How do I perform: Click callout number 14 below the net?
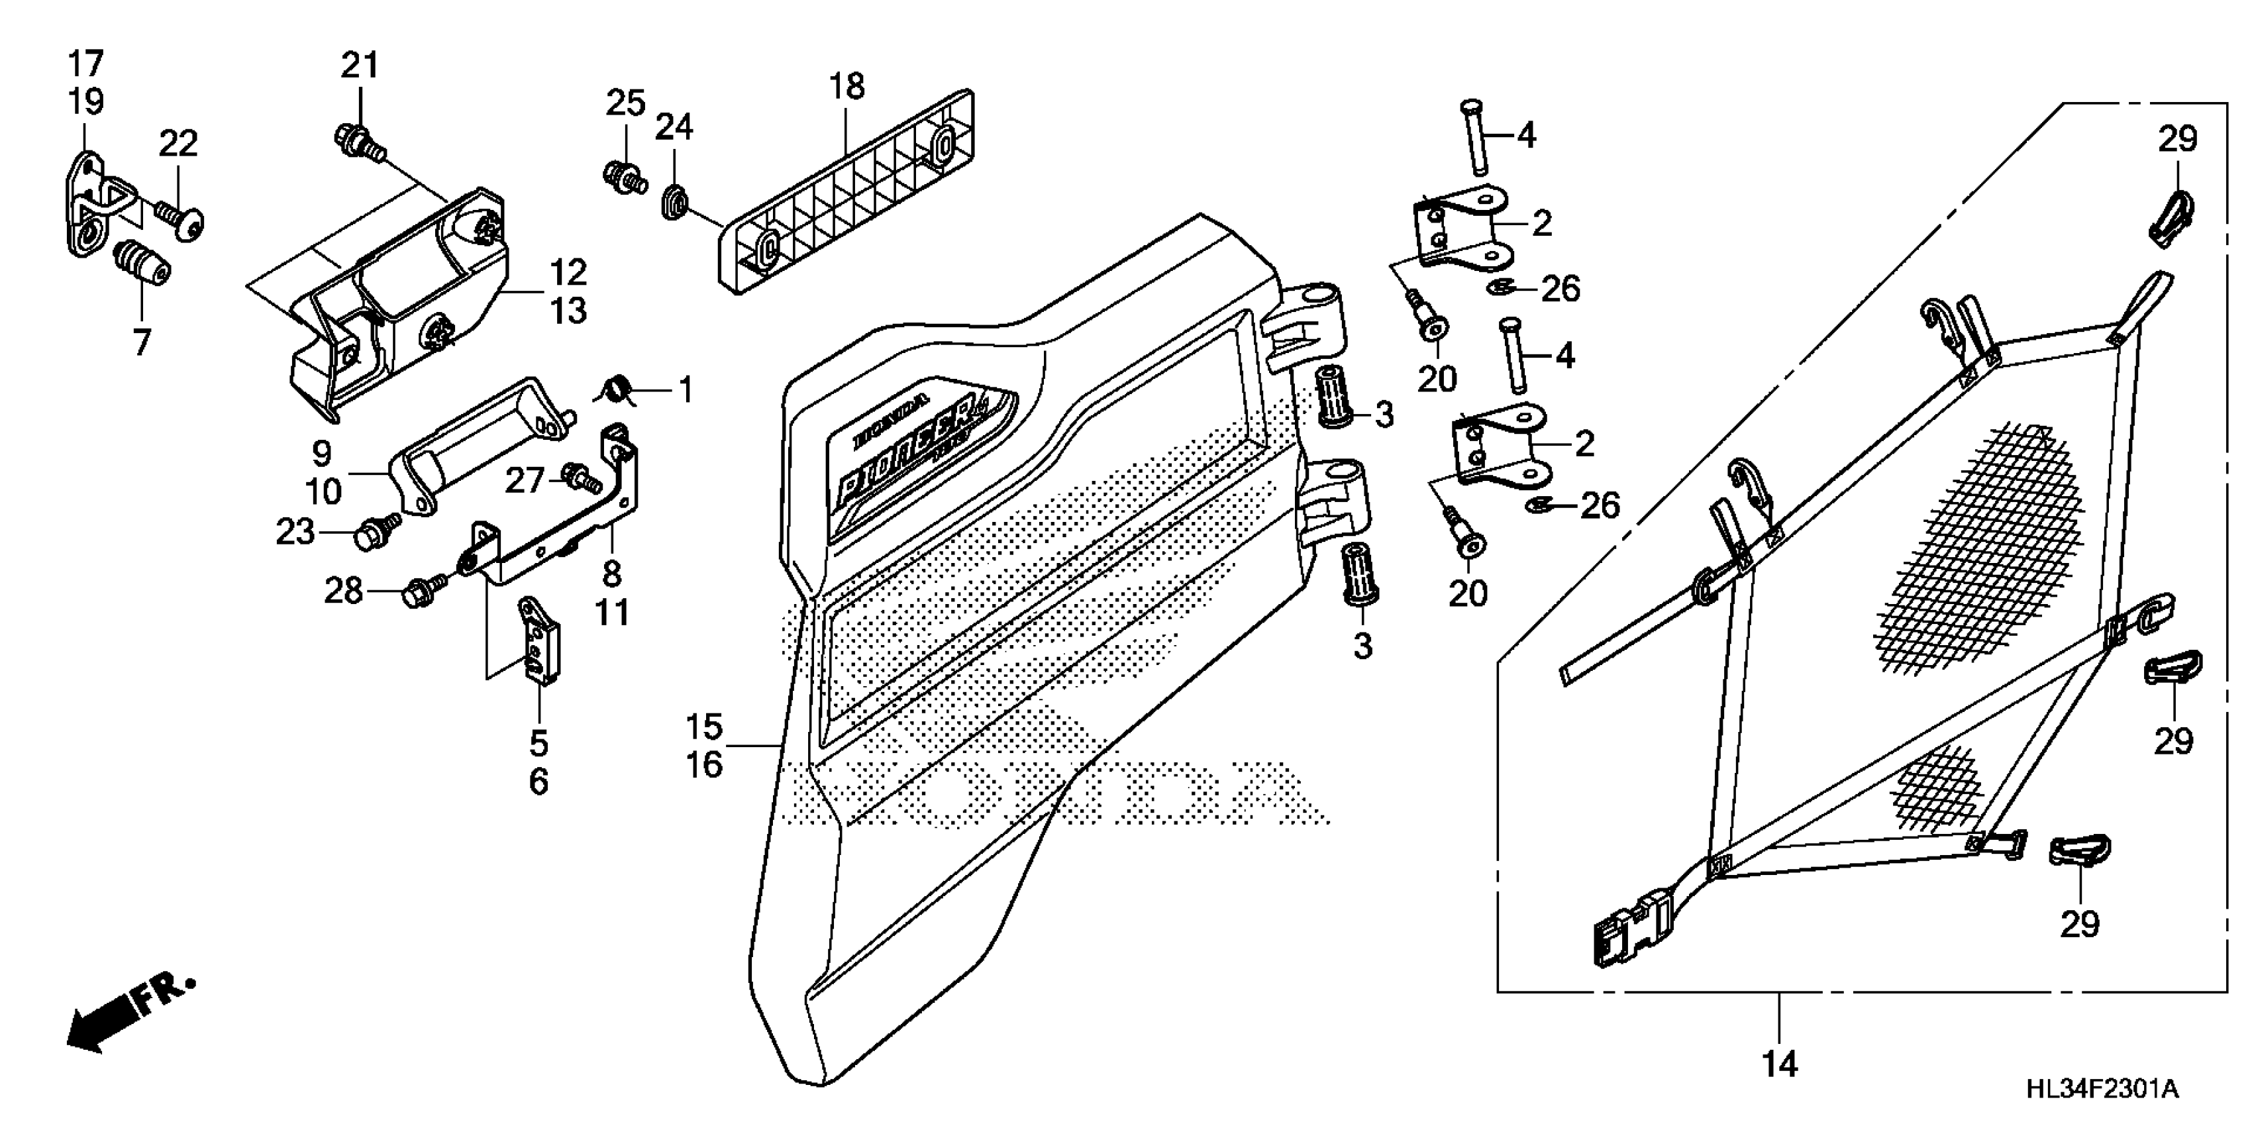[x=1779, y=1064]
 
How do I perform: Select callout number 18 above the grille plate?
[x=846, y=87]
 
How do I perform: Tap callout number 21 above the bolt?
[x=359, y=66]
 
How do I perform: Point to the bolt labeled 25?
[x=624, y=177]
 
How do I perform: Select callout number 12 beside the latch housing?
[x=568, y=273]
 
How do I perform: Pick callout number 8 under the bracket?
[x=612, y=574]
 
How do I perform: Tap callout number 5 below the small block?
[x=538, y=743]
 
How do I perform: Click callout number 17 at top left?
[x=85, y=64]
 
